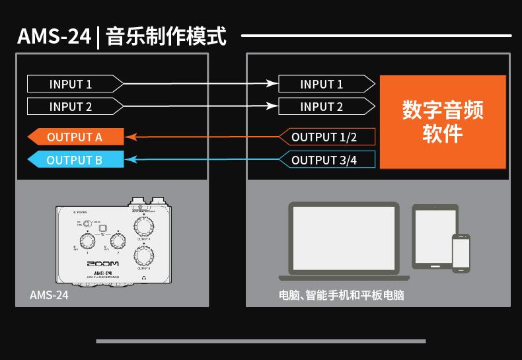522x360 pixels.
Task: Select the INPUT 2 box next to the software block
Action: coord(322,106)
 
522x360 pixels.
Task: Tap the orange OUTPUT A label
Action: coord(75,137)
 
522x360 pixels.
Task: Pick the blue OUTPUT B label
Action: coord(75,160)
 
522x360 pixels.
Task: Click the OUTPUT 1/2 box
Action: coord(324,137)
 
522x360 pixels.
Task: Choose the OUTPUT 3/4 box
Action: coord(324,160)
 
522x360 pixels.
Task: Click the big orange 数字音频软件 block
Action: coord(442,122)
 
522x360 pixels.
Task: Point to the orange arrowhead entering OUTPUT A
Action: coord(130,137)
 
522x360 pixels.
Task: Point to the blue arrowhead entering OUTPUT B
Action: coord(130,160)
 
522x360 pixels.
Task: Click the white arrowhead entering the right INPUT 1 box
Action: coord(272,84)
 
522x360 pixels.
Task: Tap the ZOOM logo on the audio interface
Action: coord(102,264)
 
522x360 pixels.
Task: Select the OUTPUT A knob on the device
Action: coord(142,227)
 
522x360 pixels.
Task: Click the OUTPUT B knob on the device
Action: coord(143,255)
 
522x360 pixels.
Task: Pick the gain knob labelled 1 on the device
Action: coord(86,238)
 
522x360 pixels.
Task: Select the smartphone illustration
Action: coord(461,252)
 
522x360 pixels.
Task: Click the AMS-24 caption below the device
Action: coord(49,295)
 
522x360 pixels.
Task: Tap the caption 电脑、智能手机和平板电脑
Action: coord(341,295)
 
